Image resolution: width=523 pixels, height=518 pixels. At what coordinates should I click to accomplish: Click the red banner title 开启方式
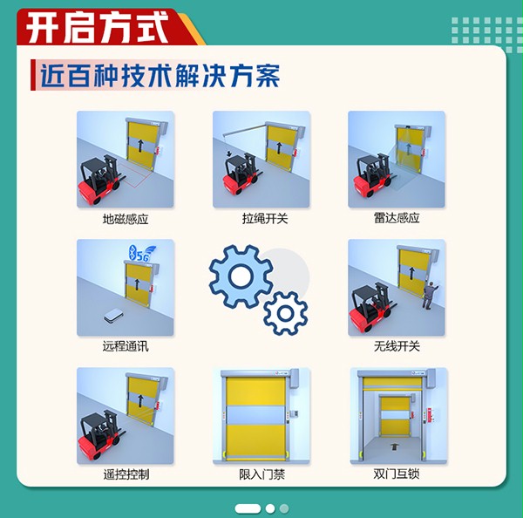click(96, 27)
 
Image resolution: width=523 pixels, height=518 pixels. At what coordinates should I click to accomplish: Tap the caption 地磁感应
click(126, 219)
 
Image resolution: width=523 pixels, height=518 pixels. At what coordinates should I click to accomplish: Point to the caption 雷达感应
click(397, 219)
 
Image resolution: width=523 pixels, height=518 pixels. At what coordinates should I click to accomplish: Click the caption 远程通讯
click(126, 346)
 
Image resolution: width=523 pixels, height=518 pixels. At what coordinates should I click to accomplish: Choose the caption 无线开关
click(397, 346)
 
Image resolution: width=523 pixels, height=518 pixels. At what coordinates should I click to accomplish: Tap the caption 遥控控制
click(126, 474)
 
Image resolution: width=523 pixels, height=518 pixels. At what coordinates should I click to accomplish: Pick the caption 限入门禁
click(262, 474)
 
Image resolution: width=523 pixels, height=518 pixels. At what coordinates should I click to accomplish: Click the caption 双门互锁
click(397, 474)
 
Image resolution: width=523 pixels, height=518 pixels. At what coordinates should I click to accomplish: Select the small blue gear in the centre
click(285, 312)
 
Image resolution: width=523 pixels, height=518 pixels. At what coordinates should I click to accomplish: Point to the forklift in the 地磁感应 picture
click(104, 182)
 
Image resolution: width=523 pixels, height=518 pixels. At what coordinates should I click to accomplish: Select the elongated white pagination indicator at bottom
click(248, 508)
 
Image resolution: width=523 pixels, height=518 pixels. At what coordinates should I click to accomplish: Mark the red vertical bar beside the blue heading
click(32, 76)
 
